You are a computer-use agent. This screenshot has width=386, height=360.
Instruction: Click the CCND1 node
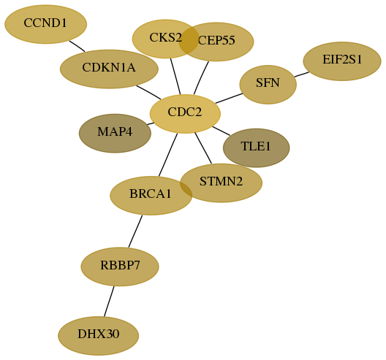pyautogui.click(x=46, y=24)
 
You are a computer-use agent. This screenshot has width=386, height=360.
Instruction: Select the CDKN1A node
pyautogui.click(x=109, y=69)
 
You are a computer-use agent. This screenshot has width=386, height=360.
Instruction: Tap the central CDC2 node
pyautogui.click(x=185, y=114)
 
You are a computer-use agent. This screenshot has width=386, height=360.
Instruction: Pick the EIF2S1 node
pyautogui.click(x=342, y=61)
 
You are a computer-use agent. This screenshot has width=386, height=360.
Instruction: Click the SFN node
pyautogui.click(x=268, y=85)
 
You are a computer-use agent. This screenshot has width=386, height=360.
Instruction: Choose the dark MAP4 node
pyautogui.click(x=115, y=133)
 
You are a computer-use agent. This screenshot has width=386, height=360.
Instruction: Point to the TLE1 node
pyautogui.click(x=257, y=148)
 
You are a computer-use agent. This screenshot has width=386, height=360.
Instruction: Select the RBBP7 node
pyautogui.click(x=120, y=267)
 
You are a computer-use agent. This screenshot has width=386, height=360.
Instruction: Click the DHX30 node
pyautogui.click(x=99, y=336)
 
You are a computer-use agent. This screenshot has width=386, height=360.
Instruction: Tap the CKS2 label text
pyautogui.click(x=166, y=38)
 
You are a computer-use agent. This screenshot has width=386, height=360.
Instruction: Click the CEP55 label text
pyautogui.click(x=216, y=40)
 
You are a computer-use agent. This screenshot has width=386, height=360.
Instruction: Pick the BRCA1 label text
pyautogui.click(x=151, y=194)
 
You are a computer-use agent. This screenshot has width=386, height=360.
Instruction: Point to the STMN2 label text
pyautogui.click(x=221, y=182)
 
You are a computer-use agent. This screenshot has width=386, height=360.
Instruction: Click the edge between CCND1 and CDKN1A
pyautogui.click(x=77, y=46)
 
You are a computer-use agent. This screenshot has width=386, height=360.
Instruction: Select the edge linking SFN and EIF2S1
pyautogui.click(x=301, y=74)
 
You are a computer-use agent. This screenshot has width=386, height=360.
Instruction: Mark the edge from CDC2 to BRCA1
pyautogui.click(x=168, y=155)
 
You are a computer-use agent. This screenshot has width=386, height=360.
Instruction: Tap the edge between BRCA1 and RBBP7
pyautogui.click(x=135, y=231)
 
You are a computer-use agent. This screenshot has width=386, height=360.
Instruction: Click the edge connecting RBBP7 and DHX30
pyautogui.click(x=109, y=302)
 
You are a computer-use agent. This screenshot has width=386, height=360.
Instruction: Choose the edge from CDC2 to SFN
pyautogui.click(x=229, y=99)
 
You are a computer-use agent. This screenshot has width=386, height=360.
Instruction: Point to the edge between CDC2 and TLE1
pyautogui.click(x=222, y=131)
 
